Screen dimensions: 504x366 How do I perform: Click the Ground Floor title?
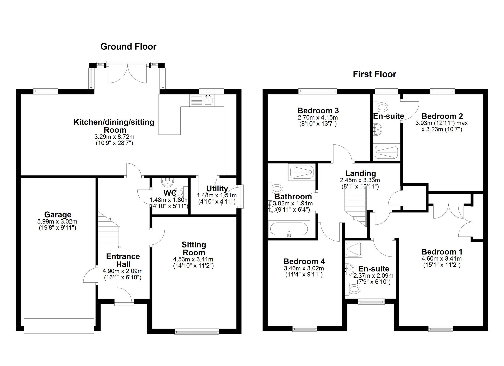coord(129,47)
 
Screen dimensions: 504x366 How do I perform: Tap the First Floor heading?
coord(374,74)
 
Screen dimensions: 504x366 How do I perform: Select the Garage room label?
coord(58,214)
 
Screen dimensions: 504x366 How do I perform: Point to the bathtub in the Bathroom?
coord(289,229)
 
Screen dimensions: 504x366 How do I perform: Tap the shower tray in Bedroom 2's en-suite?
coord(386,152)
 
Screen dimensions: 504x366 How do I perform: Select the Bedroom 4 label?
coord(304,261)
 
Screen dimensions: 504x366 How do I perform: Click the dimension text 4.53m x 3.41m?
coord(193,259)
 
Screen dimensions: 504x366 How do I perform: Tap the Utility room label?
coord(217,189)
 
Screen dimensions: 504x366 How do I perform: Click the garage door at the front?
coord(59,326)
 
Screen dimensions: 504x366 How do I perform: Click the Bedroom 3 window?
coord(318,91)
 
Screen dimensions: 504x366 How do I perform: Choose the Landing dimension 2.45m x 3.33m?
coord(360,180)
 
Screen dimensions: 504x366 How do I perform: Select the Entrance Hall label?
coord(123,260)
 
